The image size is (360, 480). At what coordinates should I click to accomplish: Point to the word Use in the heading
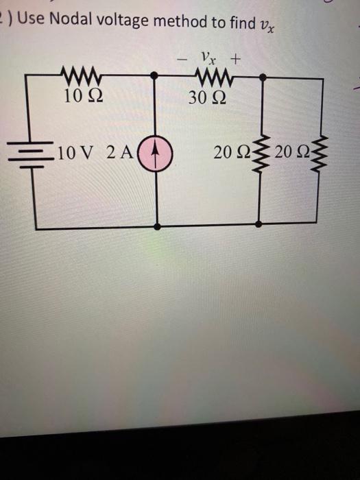coord(29,21)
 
